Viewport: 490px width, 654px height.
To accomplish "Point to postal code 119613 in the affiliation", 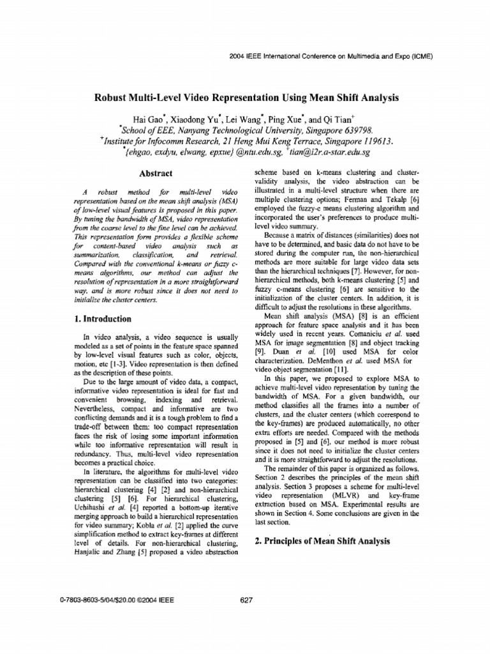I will (x=371, y=141).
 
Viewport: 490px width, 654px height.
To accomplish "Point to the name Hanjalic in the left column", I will (x=84, y=553).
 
